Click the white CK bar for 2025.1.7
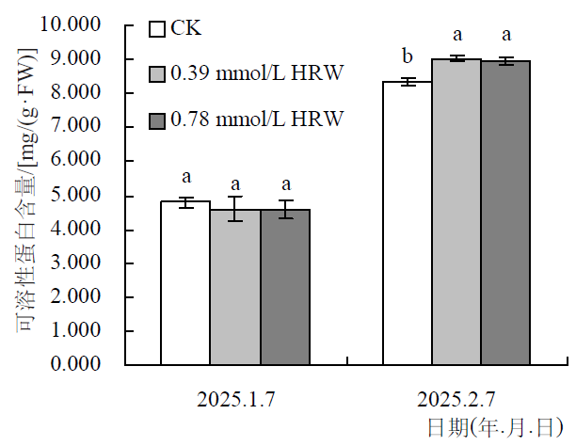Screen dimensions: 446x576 tap(185, 282)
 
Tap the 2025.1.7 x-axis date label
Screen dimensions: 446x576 tap(236, 399)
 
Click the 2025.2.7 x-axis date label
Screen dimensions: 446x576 tap(457, 399)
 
